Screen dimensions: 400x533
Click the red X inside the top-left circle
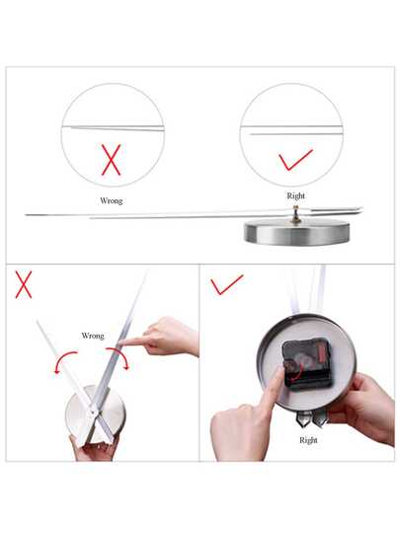(112, 160)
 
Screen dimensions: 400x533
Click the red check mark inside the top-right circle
(294, 160)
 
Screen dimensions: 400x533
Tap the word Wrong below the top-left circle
(112, 201)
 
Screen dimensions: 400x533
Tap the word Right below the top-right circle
(296, 196)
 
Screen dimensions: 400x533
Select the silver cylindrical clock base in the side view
(295, 233)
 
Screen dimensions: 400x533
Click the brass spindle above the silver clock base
(295, 214)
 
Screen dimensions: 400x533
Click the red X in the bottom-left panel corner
(24, 284)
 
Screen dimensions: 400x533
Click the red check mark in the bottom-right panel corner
(226, 284)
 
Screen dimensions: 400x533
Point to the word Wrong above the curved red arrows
(93, 336)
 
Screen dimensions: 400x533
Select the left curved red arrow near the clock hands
(63, 357)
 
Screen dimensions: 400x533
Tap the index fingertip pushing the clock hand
(123, 342)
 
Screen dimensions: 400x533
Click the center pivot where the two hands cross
(93, 413)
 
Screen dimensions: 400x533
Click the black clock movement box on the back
(307, 365)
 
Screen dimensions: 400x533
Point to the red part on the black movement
(321, 353)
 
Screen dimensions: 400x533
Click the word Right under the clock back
(308, 440)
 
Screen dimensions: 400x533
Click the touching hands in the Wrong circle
(113, 127)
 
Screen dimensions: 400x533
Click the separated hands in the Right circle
(291, 130)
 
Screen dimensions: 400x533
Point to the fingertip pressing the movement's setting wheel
(280, 371)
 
